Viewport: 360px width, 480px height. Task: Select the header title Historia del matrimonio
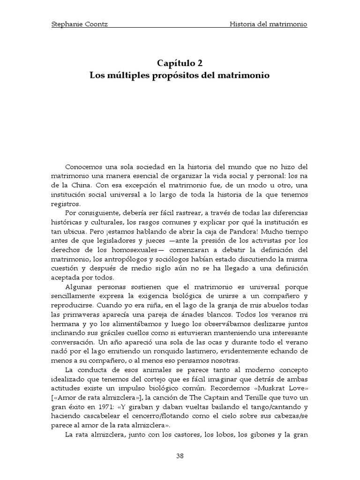269,24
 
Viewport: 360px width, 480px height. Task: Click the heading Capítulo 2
180,63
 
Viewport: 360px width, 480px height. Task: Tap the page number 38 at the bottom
180,456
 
